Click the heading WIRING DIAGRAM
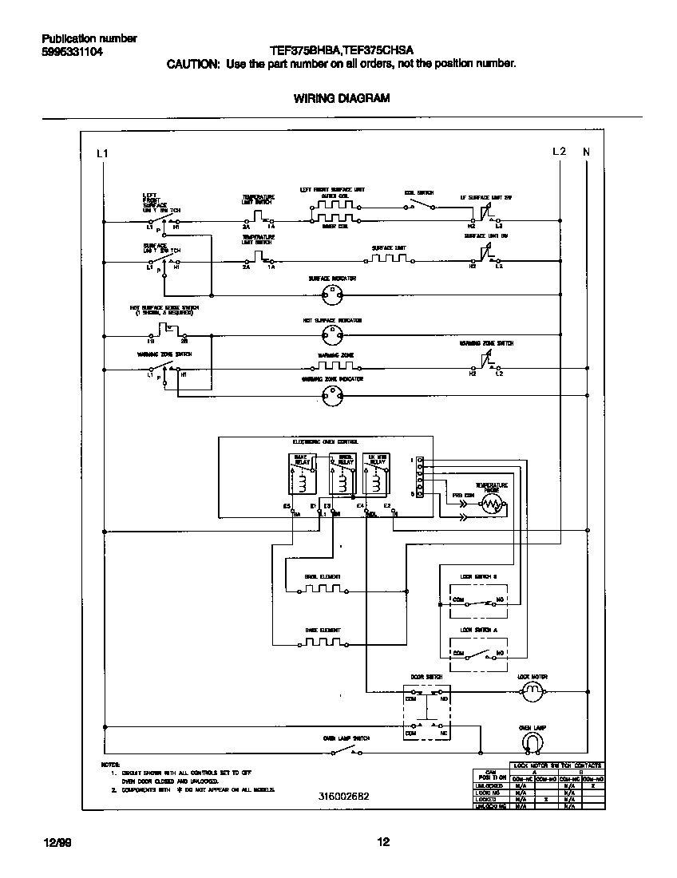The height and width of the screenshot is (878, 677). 342,99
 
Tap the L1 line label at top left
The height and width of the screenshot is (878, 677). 101,152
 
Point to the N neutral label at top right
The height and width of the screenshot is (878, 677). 586,152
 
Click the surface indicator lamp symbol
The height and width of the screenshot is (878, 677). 331,295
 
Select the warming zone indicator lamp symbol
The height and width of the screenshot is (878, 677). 331,392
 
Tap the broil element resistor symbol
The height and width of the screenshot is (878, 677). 323,591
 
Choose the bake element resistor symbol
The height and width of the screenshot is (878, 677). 323,642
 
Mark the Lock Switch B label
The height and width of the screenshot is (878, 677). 479,575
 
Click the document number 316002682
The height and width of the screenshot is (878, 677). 343,796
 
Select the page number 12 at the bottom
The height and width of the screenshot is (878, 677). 383,841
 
